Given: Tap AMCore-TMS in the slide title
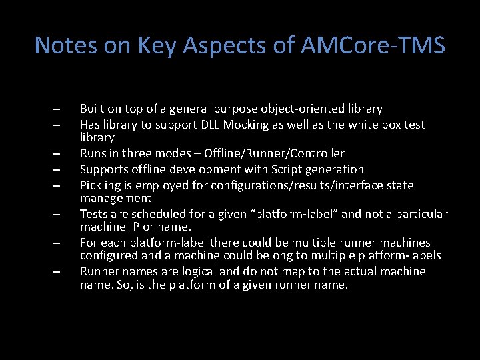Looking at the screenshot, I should pyautogui.click(x=373, y=45).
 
